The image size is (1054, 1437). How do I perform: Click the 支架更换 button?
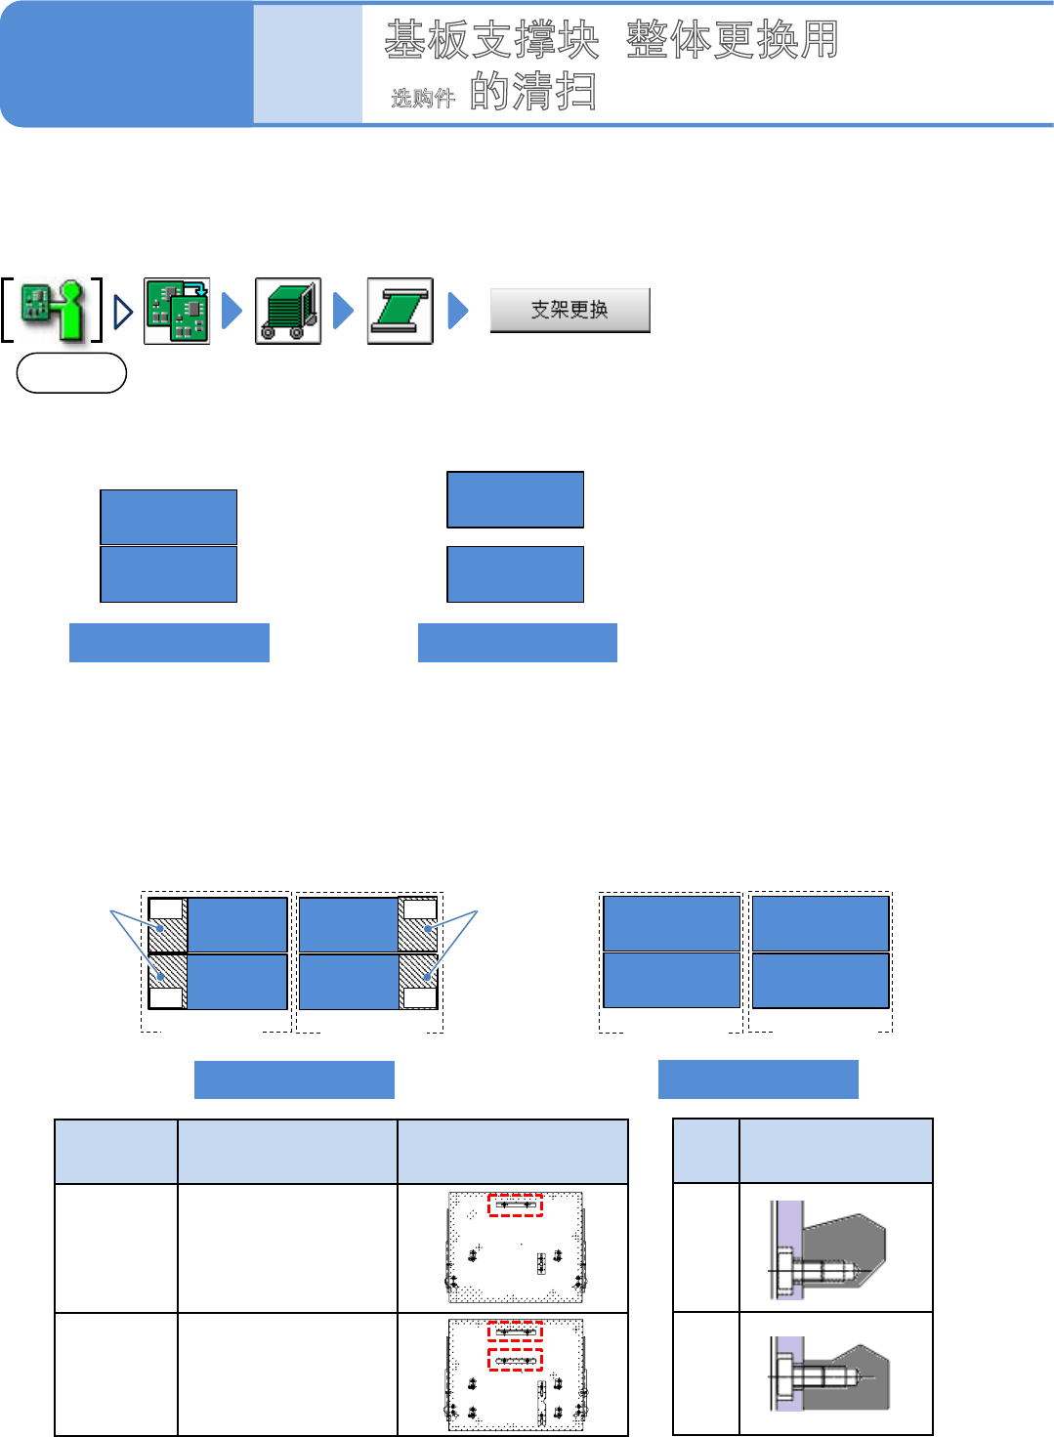tap(569, 311)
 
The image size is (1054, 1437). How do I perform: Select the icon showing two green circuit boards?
tap(177, 311)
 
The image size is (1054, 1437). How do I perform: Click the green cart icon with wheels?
tap(288, 311)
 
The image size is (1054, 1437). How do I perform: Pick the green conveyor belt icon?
tap(401, 311)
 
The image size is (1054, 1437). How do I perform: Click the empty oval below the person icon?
tap(71, 373)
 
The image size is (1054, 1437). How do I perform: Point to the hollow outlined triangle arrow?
tap(123, 312)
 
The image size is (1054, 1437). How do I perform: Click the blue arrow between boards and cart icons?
tap(232, 311)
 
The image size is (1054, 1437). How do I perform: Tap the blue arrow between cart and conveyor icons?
tap(343, 311)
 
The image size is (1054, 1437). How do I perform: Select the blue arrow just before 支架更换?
tap(457, 311)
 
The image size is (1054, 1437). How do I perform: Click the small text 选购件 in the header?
tap(423, 98)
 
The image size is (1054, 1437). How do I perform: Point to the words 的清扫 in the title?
tap(532, 92)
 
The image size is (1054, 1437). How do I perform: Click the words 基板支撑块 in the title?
tap(491, 40)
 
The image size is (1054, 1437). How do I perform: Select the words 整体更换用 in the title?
tap(733, 40)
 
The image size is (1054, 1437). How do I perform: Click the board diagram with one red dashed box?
tap(515, 1247)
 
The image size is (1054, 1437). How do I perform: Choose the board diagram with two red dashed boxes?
tap(515, 1374)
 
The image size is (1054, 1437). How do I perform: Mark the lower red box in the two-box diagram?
tap(515, 1359)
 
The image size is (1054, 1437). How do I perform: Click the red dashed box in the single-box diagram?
tap(515, 1205)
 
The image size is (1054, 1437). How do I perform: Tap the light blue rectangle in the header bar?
tap(308, 64)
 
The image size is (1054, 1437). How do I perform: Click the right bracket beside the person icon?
tap(97, 310)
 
